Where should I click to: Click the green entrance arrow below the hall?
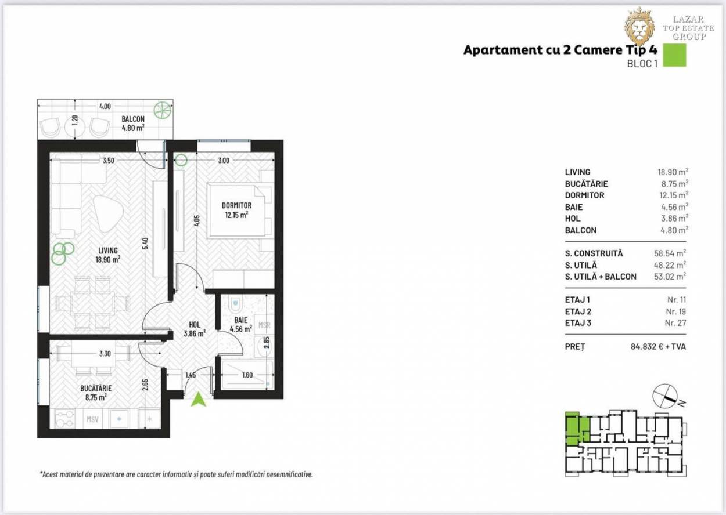coord(199,399)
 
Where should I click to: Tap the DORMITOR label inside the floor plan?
coord(236,205)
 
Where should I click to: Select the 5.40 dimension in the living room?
coord(145,244)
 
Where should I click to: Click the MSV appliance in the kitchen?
coord(92,419)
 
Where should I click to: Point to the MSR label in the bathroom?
coord(264,325)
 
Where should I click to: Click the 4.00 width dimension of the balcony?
coord(105,106)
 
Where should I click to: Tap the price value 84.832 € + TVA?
coord(658,347)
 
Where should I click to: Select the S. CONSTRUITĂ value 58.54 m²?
coord(670,253)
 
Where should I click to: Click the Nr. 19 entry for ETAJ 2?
coord(676,311)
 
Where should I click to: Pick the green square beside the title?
coord(674,55)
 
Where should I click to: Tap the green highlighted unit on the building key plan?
coord(577,428)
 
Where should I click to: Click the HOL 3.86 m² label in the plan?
coord(195,329)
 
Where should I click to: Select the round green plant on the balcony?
coord(161,110)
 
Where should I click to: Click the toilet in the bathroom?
coord(235,303)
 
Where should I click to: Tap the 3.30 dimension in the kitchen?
coord(105,353)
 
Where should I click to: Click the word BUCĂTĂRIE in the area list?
coord(586,184)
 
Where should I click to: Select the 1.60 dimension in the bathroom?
coord(247,375)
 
